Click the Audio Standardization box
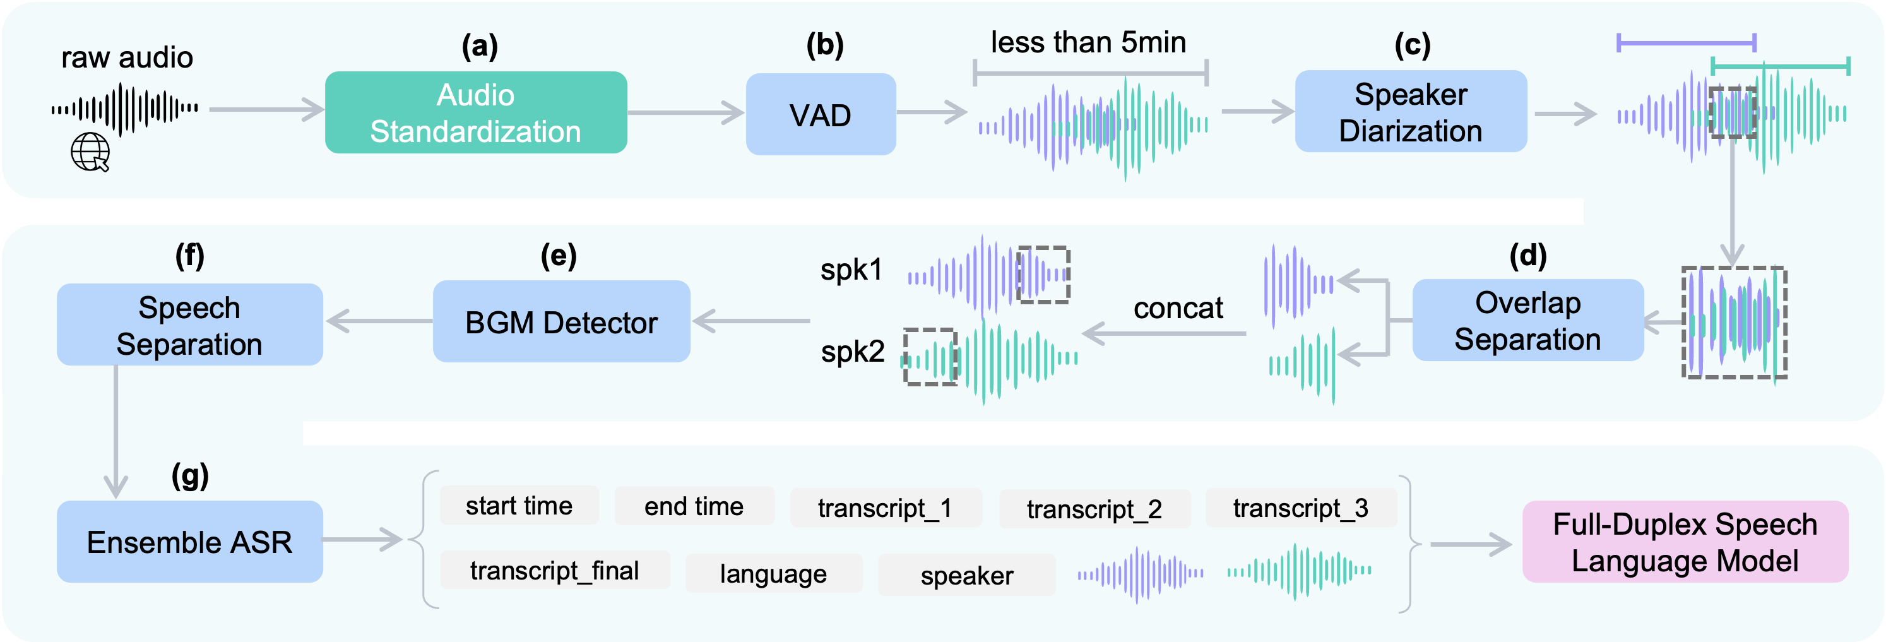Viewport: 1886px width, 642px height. point(476,113)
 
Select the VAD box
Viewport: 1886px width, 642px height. point(821,115)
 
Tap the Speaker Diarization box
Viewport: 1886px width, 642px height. point(1411,112)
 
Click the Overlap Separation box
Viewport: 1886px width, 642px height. point(1528,321)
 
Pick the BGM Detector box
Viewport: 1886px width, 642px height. point(562,322)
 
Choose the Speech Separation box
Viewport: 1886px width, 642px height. point(189,325)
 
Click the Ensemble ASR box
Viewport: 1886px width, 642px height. point(189,542)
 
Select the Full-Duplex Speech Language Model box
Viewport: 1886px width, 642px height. point(1685,542)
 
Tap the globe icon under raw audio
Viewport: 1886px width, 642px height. point(90,152)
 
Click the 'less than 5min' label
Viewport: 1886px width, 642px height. point(1088,42)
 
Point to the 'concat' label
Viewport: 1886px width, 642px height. point(1178,308)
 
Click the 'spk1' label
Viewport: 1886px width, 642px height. point(851,270)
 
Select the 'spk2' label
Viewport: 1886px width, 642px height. point(852,352)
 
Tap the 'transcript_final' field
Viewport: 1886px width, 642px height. point(554,570)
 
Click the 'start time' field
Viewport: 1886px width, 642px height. point(519,506)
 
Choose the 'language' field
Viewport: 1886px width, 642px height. point(773,573)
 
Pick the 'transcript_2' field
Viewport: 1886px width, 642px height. point(1094,509)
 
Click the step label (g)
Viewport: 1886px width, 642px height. point(189,475)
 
